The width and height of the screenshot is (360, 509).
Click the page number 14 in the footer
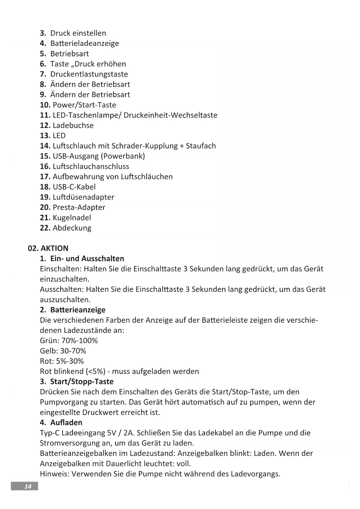tap(28, 487)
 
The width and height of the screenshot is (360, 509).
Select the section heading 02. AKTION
tap(48, 248)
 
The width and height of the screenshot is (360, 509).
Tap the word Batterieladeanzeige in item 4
tap(84, 44)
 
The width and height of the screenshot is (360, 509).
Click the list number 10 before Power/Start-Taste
tap(45, 105)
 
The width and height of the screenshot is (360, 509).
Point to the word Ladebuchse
tap(73, 125)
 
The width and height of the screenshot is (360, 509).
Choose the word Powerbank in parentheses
tap(123, 156)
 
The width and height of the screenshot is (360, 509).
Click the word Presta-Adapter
tap(79, 207)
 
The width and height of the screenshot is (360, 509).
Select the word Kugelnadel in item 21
tap(72, 218)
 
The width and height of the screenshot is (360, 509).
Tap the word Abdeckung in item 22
tap(72, 228)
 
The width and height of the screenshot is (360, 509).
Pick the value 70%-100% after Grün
tap(79, 341)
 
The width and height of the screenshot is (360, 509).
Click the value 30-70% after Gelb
tap(73, 351)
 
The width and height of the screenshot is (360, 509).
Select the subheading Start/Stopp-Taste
tap(82, 382)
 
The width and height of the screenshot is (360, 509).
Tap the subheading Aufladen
tap(66, 423)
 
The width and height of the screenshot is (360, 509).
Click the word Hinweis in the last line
tap(54, 474)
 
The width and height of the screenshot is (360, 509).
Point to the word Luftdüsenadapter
tap(84, 197)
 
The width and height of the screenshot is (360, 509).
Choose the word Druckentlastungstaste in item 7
tap(89, 74)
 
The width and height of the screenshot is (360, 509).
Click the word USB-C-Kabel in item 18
tap(74, 187)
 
